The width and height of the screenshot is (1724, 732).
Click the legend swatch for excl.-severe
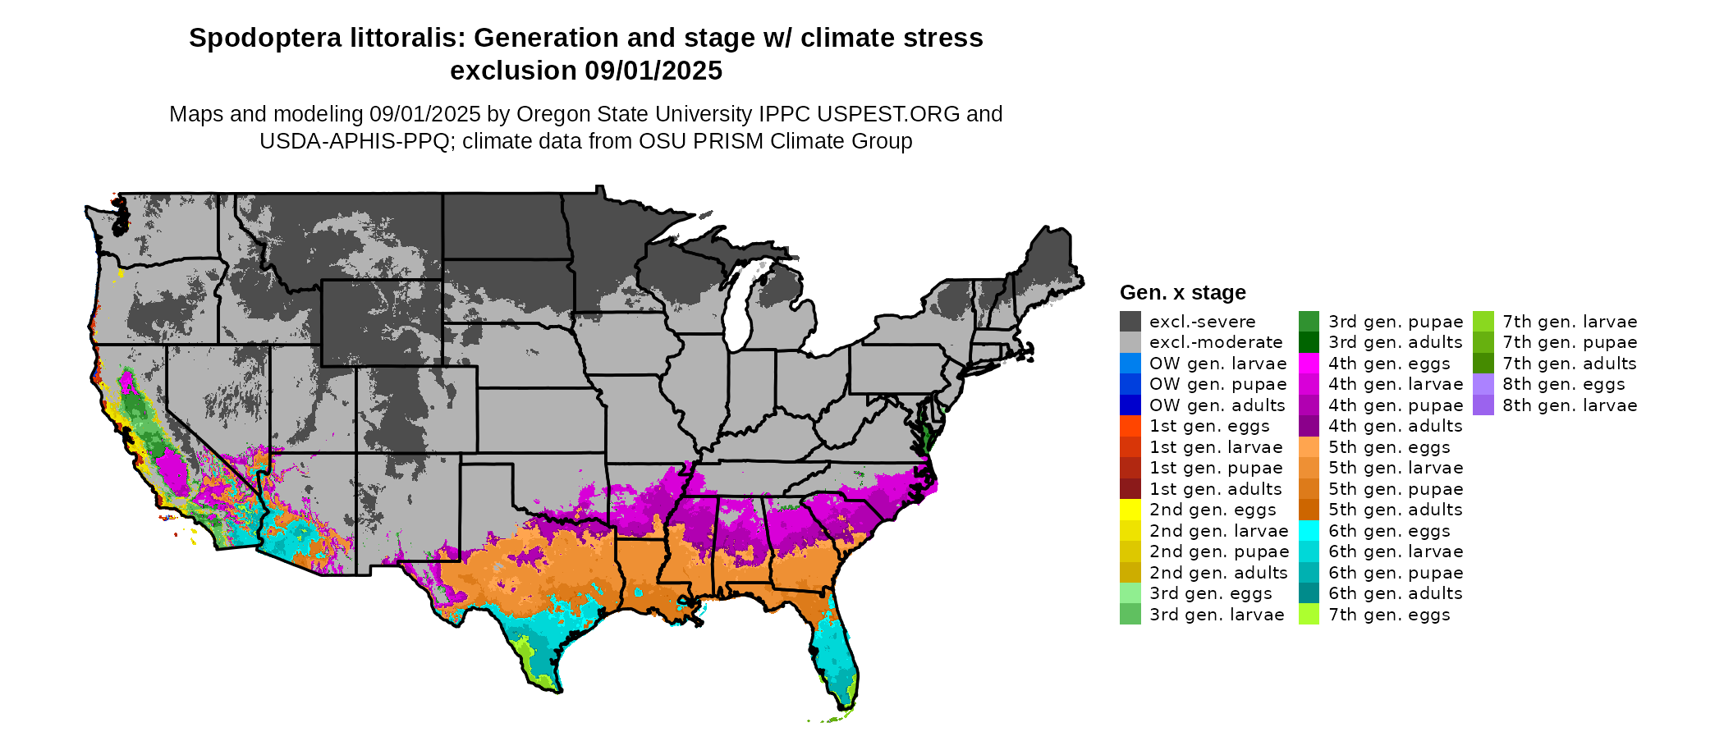1130,322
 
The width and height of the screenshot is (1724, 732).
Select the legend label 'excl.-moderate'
1215,342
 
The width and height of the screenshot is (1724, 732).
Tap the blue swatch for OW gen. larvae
1130,364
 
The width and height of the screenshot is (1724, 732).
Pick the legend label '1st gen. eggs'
1208,426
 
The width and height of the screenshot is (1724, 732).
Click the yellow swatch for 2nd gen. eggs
1130,510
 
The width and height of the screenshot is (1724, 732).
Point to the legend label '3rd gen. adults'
1395,342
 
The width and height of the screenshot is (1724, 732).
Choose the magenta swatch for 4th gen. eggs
1309,364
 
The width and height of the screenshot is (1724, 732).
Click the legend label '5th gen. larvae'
1396,468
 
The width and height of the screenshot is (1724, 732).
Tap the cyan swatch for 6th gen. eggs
1309,531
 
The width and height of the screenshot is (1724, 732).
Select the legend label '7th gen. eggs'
1389,615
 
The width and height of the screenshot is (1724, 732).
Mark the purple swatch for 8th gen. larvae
1483,405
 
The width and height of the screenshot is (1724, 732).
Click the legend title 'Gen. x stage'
1182,293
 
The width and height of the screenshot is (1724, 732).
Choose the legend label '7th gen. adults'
1569,364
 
